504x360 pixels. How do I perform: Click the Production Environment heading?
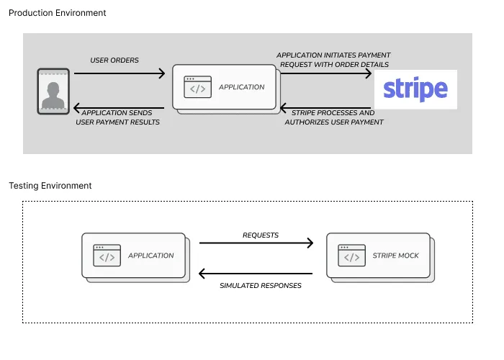[x=57, y=13]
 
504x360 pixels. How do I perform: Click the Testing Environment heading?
[x=50, y=186]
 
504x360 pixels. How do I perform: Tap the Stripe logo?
[x=415, y=89]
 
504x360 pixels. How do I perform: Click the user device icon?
[x=53, y=91]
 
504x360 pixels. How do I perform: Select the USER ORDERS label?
[x=114, y=60]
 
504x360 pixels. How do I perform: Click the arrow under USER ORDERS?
[x=120, y=73]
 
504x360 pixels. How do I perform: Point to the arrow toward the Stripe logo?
[x=327, y=73]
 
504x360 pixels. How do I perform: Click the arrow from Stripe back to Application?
[x=327, y=109]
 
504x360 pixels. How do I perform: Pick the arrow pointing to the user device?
[x=120, y=109]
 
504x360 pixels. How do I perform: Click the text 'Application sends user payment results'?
[x=118, y=117]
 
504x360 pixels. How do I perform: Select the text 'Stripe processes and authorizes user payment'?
[x=334, y=117]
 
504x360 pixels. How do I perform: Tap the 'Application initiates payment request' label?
[x=333, y=60]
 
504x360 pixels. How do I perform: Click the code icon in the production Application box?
[x=198, y=87]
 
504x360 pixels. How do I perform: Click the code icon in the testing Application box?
[x=107, y=256]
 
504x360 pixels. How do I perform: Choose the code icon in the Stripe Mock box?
[x=351, y=256]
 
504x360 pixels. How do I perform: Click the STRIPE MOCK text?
[x=395, y=256]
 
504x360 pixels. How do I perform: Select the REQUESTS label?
[x=260, y=235]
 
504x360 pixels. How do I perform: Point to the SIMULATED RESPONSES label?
[x=260, y=286]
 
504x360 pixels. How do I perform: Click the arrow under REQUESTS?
[x=256, y=243]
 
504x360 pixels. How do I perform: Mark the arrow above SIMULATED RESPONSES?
[x=256, y=274]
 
